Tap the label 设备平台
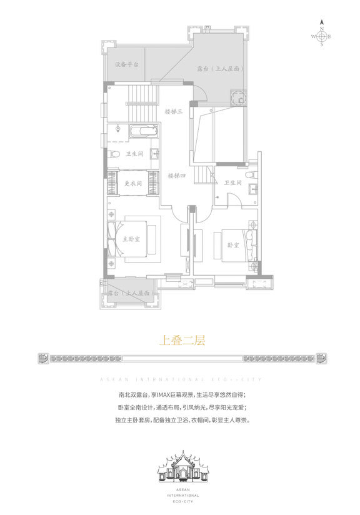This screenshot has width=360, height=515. pos(126,64)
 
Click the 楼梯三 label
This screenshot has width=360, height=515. pos(173,111)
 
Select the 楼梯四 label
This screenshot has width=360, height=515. pos(177,176)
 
